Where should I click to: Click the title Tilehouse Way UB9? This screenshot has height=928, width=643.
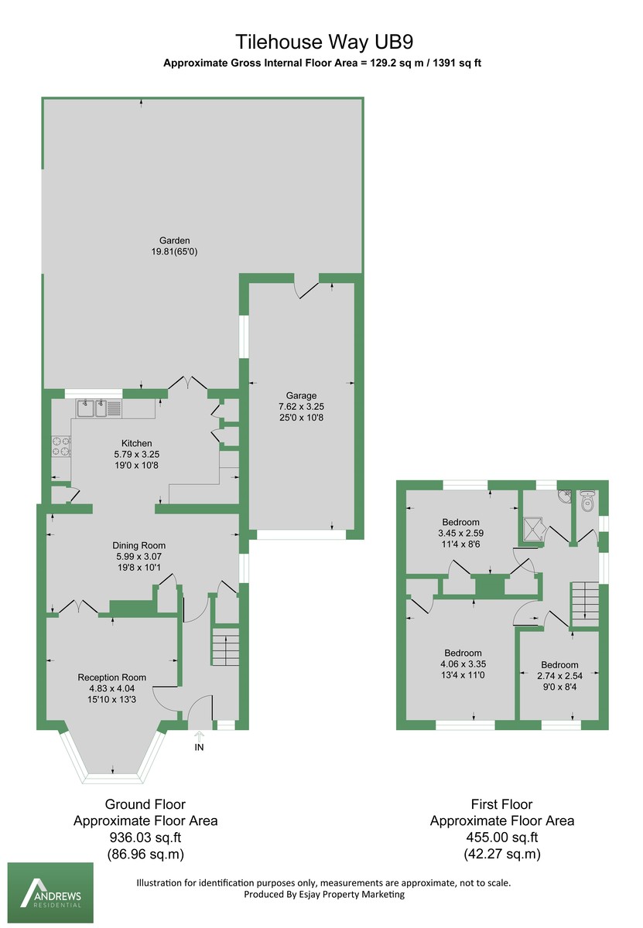coord(321,41)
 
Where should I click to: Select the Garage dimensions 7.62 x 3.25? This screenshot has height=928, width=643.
coord(299,406)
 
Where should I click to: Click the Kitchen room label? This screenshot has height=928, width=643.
coord(135,443)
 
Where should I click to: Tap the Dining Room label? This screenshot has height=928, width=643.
coord(140,545)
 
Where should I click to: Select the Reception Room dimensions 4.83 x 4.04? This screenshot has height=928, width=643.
coord(112,688)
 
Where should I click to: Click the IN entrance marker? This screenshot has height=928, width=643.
coord(199,747)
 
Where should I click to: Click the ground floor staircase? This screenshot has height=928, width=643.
coord(225,647)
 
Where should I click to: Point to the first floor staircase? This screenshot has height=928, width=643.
coord(585,602)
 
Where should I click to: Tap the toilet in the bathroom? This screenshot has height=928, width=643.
coord(587,503)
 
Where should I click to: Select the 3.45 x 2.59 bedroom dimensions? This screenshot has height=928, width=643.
coord(461,533)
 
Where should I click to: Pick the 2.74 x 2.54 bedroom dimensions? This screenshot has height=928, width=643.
coord(559,676)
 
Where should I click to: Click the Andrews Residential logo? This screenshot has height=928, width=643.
coord(50,893)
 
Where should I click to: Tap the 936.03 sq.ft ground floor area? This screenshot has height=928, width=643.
coord(145,838)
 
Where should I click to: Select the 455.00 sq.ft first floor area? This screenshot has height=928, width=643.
coord(502,838)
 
